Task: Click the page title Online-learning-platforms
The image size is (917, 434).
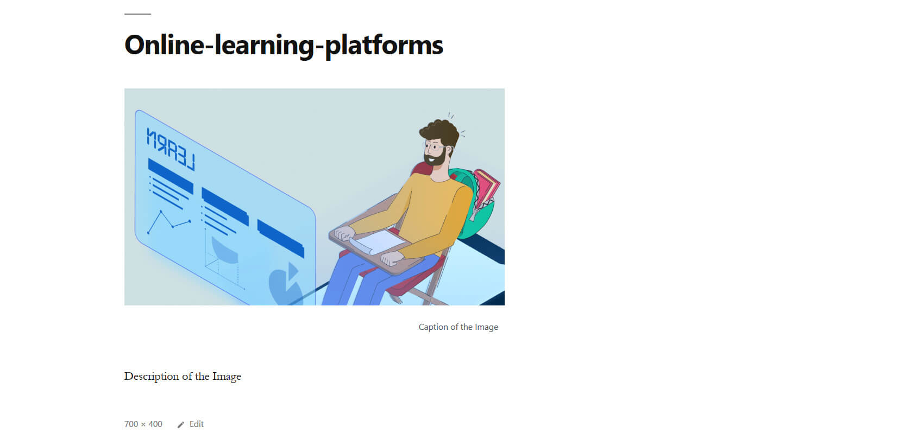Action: [284, 45]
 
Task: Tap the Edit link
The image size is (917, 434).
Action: [197, 424]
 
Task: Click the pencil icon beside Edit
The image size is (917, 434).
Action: [181, 425]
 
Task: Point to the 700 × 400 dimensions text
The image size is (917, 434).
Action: [143, 424]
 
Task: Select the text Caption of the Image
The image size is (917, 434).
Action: [458, 327]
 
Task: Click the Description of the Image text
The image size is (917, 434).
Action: [183, 376]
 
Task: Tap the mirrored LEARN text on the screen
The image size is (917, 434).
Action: [171, 149]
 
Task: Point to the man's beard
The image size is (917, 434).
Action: [436, 157]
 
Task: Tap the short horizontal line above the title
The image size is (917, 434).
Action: [137, 14]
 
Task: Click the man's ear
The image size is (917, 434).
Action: [449, 149]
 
